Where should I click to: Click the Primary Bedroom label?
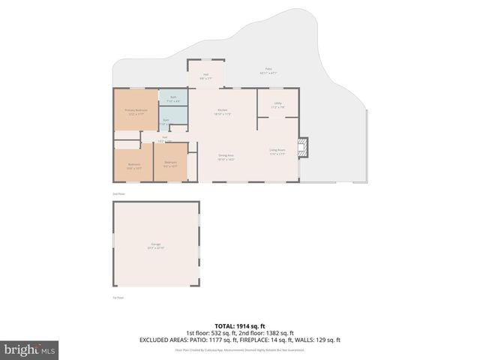(x=136, y=112)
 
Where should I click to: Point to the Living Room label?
(x=277, y=152)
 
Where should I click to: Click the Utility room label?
(x=277, y=106)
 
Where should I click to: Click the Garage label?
(x=156, y=245)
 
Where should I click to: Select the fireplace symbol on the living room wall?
(x=303, y=148)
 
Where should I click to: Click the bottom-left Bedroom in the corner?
(x=133, y=166)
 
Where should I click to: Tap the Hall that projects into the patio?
(x=205, y=76)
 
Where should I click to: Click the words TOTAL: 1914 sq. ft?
(x=240, y=325)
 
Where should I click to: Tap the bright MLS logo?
(x=30, y=349)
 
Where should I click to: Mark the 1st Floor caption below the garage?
(x=118, y=298)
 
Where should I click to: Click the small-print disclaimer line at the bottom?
(x=240, y=349)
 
